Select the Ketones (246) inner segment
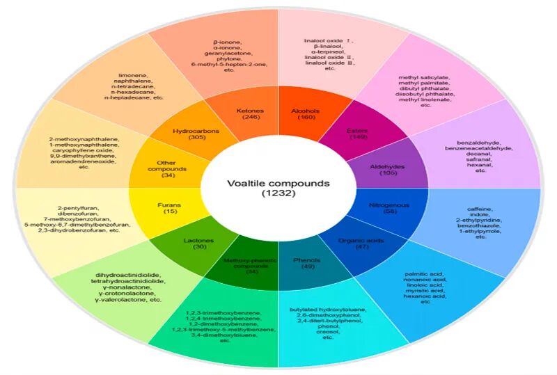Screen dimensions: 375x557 [x=249, y=114]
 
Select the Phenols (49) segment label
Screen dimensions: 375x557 [x=306, y=264]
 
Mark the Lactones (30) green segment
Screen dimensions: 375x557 [x=200, y=244]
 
